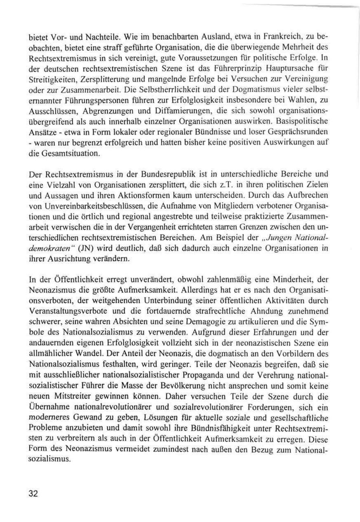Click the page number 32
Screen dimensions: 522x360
pos(33,493)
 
